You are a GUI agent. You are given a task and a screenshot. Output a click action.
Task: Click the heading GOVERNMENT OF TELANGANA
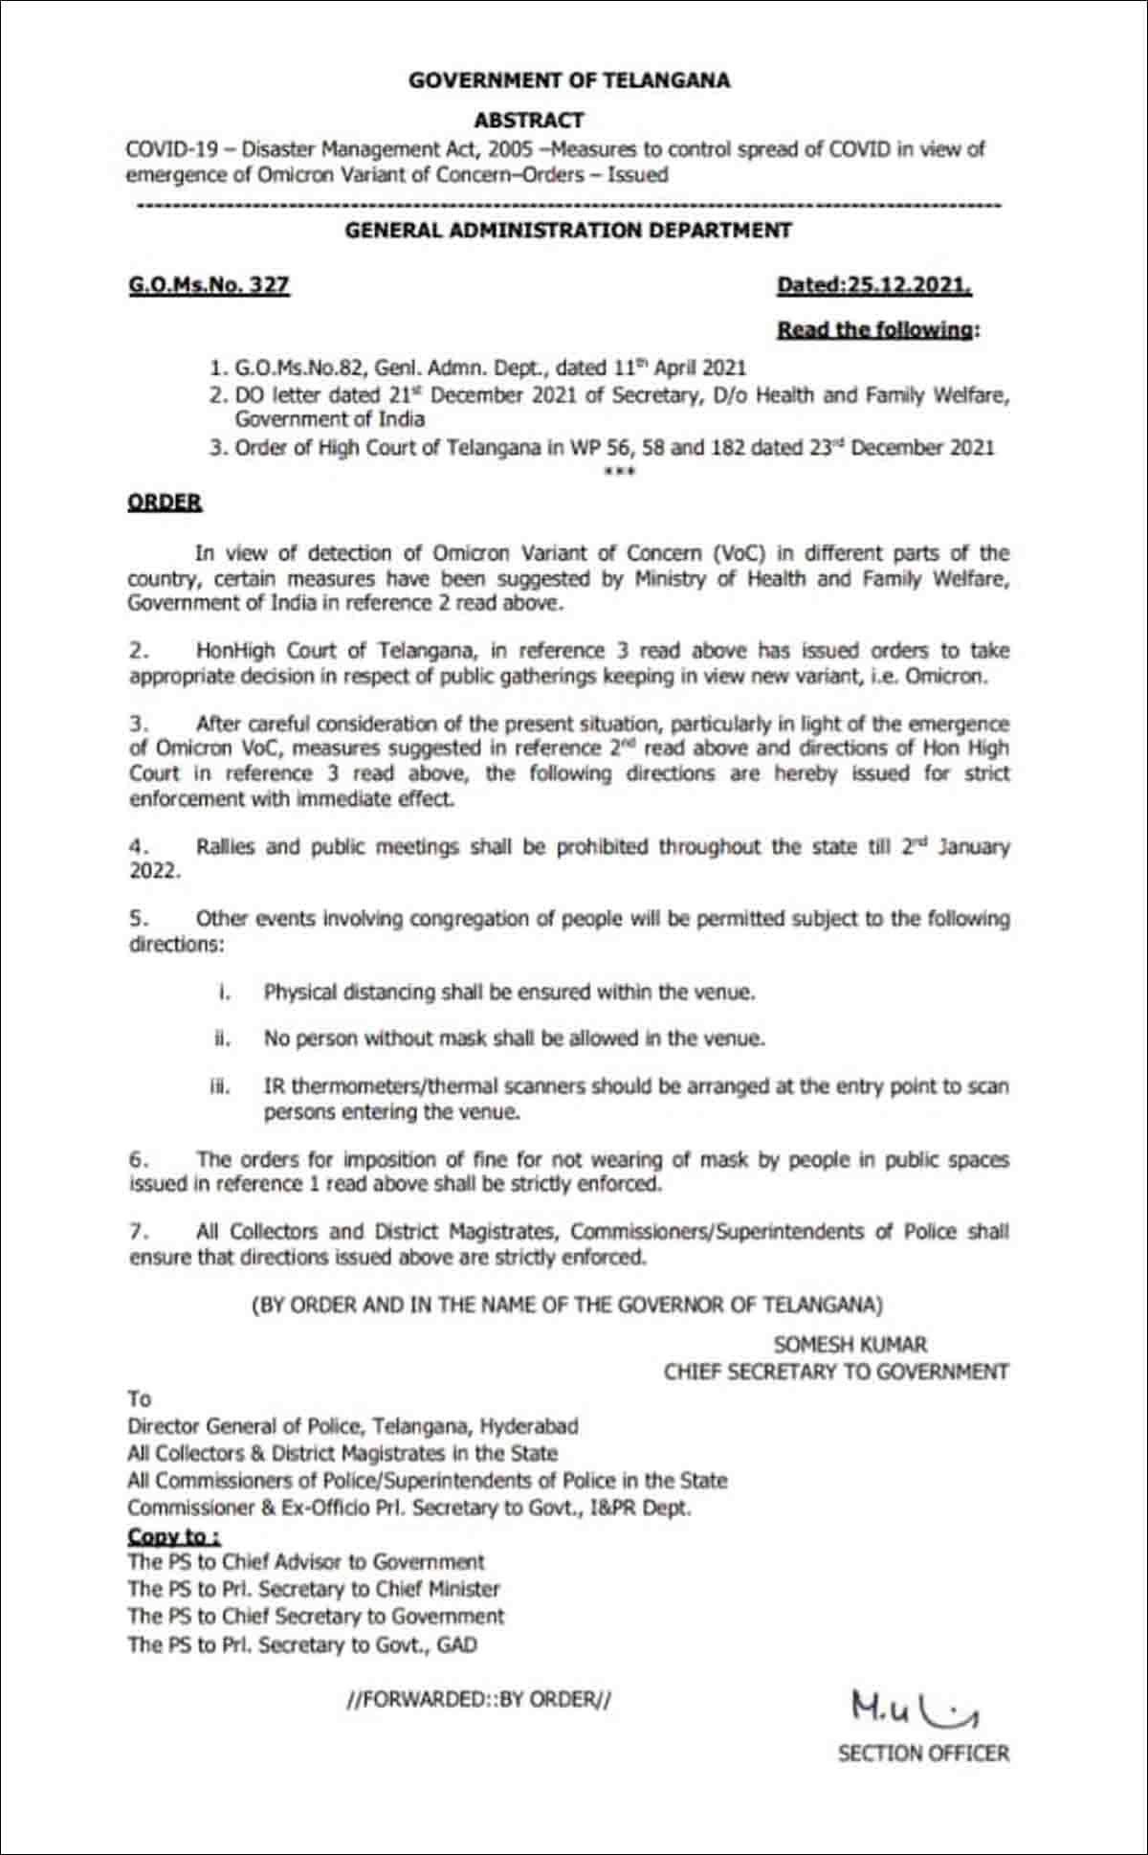point(569,80)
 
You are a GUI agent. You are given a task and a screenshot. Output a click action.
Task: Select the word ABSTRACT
point(528,121)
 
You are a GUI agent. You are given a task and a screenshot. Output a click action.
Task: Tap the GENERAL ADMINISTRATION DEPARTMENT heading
point(568,231)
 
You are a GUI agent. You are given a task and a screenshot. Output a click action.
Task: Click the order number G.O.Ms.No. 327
point(209,285)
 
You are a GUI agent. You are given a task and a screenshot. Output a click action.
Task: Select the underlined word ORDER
point(165,503)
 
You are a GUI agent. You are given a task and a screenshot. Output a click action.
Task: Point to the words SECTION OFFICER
point(923,1754)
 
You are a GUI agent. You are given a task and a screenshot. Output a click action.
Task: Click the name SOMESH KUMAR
point(850,1345)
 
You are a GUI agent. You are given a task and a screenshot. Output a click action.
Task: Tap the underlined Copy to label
point(173,1536)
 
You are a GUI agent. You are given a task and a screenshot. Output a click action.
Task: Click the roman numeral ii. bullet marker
point(222,1039)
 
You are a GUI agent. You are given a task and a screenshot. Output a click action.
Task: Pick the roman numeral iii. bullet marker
point(221,1087)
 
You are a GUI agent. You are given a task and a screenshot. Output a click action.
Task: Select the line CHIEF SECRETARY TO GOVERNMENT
point(836,1372)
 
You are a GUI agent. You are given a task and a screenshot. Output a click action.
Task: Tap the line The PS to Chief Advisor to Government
point(306,1562)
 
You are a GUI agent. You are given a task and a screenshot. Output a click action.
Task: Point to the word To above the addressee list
point(140,1399)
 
